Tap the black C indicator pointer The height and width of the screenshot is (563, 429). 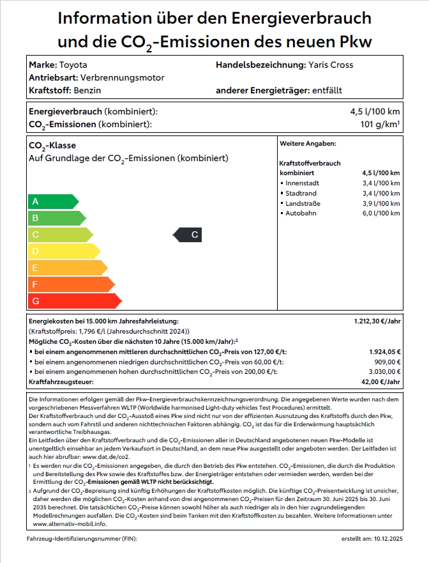click(x=188, y=235)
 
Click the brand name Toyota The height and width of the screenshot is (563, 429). click(x=73, y=65)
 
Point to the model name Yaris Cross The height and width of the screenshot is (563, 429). click(x=331, y=65)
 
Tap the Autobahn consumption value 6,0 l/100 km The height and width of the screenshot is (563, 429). click(x=380, y=213)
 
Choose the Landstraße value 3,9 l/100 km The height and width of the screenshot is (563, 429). click(x=380, y=203)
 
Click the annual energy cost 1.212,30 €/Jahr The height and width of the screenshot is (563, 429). click(x=377, y=321)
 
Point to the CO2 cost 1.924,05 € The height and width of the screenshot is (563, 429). click(x=384, y=351)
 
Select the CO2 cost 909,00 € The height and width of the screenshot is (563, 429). click(x=388, y=362)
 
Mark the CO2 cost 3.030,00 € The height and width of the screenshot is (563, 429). click(x=384, y=371)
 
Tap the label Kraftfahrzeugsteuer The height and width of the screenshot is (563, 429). click(x=61, y=382)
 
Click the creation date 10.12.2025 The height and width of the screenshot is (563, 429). click(x=386, y=539)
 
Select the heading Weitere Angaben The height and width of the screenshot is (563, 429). click(x=308, y=144)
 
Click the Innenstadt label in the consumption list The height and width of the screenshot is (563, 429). click(x=302, y=183)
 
